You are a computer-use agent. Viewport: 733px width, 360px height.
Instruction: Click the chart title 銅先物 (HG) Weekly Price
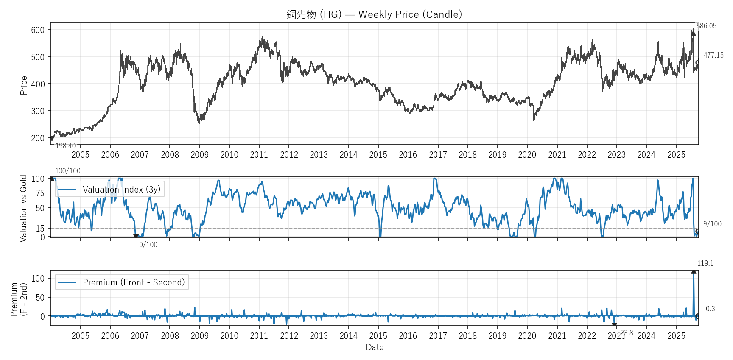pos(374,14)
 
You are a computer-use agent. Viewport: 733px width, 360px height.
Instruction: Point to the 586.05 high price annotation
pos(706,26)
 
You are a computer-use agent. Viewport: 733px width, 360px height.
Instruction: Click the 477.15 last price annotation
pos(713,55)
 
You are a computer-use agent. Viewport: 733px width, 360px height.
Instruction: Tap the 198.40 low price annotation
pos(66,146)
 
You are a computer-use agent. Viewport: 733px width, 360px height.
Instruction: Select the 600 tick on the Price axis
pos(38,30)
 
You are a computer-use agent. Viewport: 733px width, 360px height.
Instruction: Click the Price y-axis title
pos(24,85)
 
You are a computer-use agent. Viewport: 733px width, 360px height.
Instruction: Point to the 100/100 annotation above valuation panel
pos(68,171)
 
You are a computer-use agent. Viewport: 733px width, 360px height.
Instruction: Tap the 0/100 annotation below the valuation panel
pos(148,245)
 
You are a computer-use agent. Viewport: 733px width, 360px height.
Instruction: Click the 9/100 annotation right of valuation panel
pos(712,224)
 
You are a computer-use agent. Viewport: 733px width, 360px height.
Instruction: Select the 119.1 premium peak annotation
pos(705,263)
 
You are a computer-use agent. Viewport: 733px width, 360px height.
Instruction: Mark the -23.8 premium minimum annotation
pos(627,333)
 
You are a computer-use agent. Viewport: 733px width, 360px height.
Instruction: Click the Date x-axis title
pos(375,347)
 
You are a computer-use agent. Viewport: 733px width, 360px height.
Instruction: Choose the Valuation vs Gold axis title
pos(23,208)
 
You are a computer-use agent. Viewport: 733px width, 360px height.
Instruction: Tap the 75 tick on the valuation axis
pos(40,193)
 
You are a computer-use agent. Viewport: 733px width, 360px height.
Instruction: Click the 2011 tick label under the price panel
pos(259,155)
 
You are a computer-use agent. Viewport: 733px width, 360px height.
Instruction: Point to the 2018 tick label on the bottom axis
pos(467,336)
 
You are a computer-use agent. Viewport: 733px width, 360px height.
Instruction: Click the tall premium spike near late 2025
pos(694,293)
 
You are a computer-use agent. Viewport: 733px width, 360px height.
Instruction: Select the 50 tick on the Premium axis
pos(40,298)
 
